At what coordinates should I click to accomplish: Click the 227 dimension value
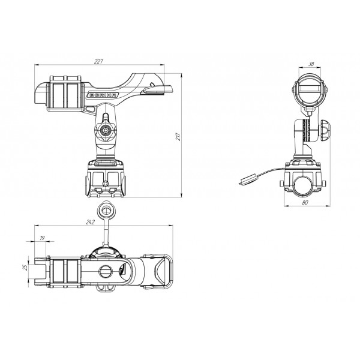[99, 62]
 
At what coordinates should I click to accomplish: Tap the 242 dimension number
[91, 222]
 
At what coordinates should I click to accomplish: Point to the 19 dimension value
[42, 238]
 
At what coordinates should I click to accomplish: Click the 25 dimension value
[25, 267]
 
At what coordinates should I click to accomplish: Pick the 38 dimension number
[311, 64]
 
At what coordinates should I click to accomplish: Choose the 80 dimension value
[305, 203]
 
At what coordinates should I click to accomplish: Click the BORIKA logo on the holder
[103, 95]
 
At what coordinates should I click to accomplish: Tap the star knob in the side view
[105, 130]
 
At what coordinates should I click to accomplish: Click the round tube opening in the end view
[302, 186]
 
